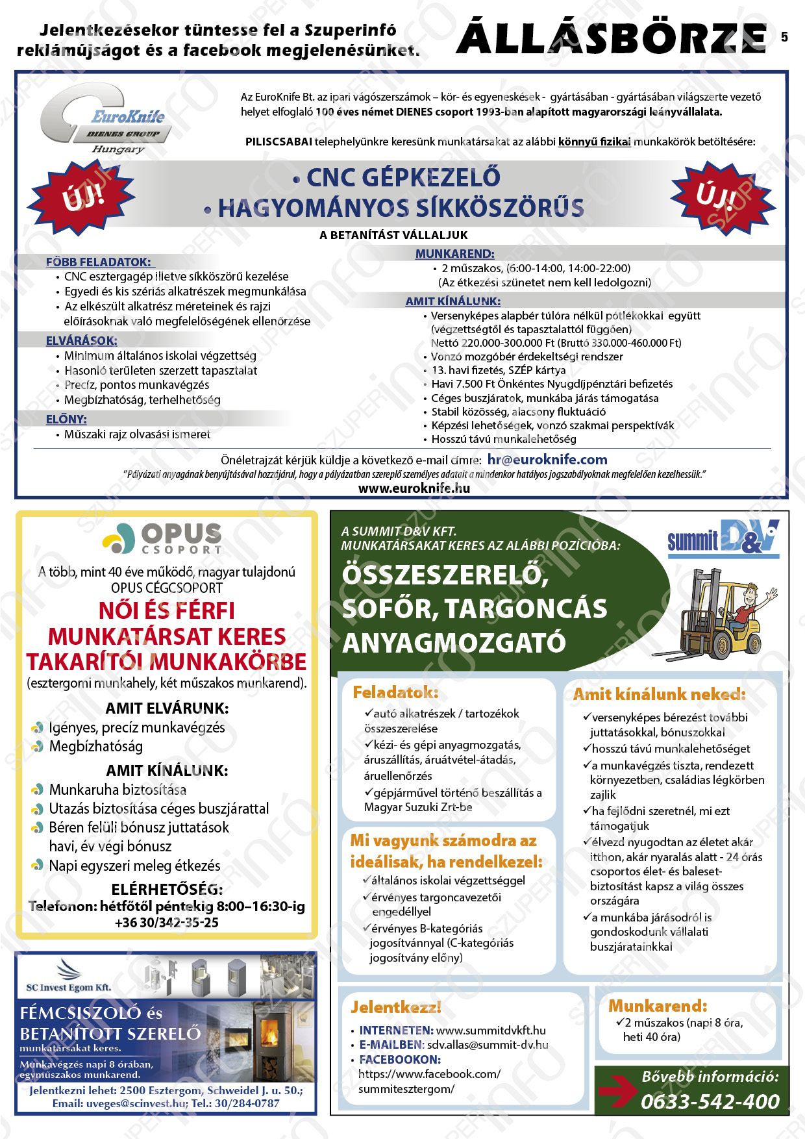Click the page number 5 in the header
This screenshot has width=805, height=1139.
click(784, 37)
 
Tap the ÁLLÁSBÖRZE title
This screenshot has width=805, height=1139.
click(612, 38)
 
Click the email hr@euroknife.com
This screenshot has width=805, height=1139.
click(547, 460)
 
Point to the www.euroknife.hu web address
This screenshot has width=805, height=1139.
click(414, 488)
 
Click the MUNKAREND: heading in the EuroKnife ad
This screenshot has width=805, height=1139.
click(454, 254)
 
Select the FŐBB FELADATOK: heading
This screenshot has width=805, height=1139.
click(98, 262)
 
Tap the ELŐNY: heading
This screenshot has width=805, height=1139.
click(66, 419)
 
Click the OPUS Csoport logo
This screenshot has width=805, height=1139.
click(163, 538)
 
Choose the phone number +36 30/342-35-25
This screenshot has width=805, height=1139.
click(167, 922)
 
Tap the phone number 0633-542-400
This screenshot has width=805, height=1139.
click(710, 1101)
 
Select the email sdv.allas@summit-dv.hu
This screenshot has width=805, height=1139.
click(487, 1045)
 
